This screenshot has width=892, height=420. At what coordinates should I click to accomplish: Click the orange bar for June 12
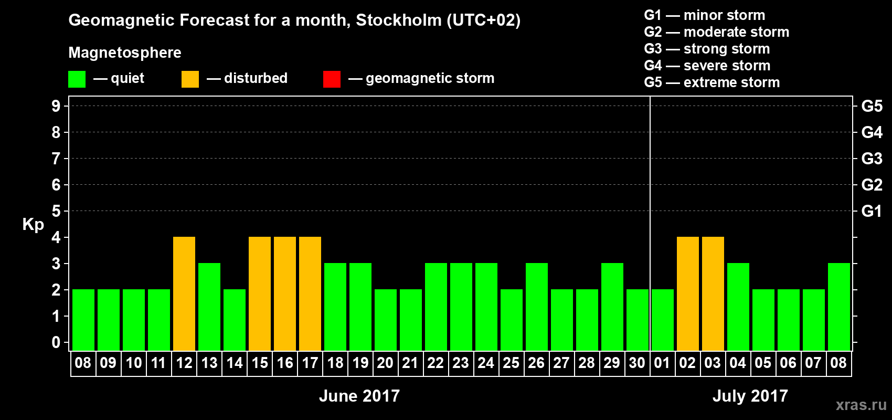tap(184, 293)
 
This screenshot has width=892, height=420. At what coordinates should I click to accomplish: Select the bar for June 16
tap(285, 293)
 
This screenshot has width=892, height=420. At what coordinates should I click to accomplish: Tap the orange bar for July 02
tap(688, 293)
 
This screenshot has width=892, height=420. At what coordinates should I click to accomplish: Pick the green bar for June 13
tap(209, 307)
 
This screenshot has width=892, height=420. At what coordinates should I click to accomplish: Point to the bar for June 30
tap(638, 320)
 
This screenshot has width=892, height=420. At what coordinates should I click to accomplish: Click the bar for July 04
tap(738, 307)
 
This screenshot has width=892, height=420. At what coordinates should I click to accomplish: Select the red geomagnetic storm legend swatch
tap(332, 79)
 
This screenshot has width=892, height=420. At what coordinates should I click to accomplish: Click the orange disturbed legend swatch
tap(190, 79)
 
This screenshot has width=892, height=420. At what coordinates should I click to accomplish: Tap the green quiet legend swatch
tap(77, 79)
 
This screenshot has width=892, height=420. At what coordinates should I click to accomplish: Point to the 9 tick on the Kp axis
tap(56, 106)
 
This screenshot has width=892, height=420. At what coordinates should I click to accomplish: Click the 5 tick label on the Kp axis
tap(56, 211)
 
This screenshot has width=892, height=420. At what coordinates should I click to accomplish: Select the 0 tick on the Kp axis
tap(56, 342)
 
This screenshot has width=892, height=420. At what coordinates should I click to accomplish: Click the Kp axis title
tap(33, 224)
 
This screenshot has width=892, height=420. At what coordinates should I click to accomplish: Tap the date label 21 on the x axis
tap(410, 363)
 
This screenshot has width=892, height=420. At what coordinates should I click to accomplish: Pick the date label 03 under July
tap(713, 363)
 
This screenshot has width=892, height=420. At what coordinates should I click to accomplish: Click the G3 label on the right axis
tap(872, 159)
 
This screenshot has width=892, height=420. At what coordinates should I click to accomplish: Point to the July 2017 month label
tap(750, 396)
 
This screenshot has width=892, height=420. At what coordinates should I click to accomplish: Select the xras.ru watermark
tap(861, 405)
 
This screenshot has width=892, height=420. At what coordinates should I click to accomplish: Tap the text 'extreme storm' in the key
tap(731, 82)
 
